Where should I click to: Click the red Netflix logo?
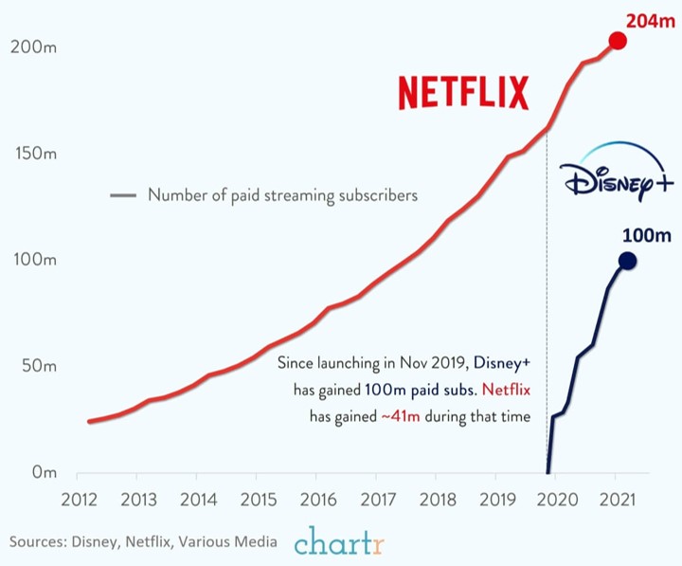pyautogui.click(x=463, y=94)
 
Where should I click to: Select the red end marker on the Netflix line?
pyautogui.click(x=617, y=41)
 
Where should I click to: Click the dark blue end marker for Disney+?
pyautogui.click(x=627, y=261)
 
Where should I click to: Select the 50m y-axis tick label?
pyautogui.click(x=39, y=366)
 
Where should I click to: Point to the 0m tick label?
pyautogui.click(x=44, y=472)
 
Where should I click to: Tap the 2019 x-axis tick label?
pyautogui.click(x=498, y=500)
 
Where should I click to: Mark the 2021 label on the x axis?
pyautogui.click(x=617, y=500)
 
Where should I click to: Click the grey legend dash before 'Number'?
pyautogui.click(x=123, y=196)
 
